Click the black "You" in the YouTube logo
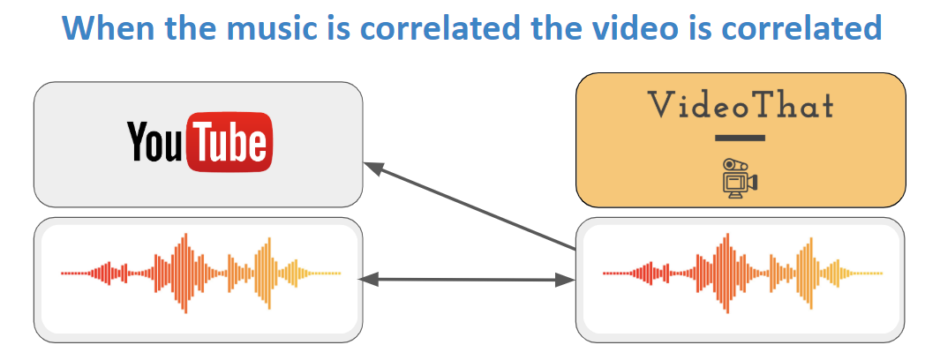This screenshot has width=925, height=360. tap(155, 141)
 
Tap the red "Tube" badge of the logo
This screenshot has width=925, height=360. tap(230, 142)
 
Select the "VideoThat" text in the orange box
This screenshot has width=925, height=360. tap(741, 105)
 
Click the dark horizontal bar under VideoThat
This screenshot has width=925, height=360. tap(740, 139)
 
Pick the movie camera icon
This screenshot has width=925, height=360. tap(740, 177)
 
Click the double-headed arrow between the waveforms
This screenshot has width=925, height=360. tap(467, 281)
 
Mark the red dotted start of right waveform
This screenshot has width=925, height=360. tap(617, 274)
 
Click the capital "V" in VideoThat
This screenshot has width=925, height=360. tap(660, 105)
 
